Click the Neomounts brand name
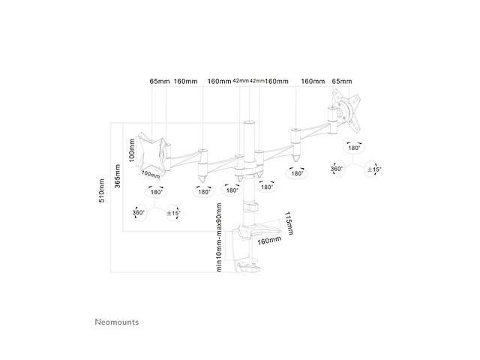click(x=116, y=322)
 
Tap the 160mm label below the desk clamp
click(x=268, y=241)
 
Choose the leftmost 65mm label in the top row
click(x=160, y=81)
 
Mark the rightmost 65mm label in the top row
click(x=341, y=81)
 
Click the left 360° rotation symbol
click(x=139, y=213)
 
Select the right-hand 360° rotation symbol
click(x=337, y=169)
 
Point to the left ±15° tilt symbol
click(x=174, y=213)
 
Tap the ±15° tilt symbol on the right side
click(x=373, y=169)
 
